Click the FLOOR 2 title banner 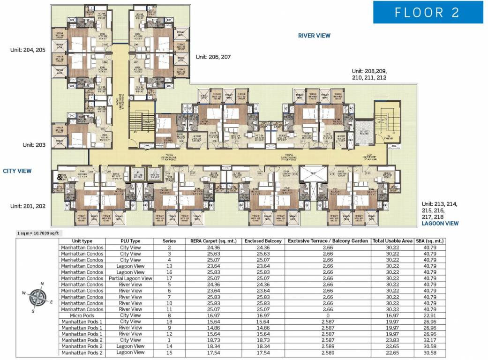coord(428,13)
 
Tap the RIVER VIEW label coord(314,36)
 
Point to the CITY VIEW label coord(17,171)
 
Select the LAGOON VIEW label coord(440,224)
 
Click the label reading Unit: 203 coord(34,145)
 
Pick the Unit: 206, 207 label coord(213,57)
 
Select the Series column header coord(169,241)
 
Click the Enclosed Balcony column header coord(263,241)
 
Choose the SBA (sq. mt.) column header coord(429,241)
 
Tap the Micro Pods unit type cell coord(82,315)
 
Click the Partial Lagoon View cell coord(130,278)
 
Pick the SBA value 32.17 coord(429,340)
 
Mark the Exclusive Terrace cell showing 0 coord(328,315)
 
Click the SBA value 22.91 coord(429,315)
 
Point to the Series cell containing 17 coord(169,278)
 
